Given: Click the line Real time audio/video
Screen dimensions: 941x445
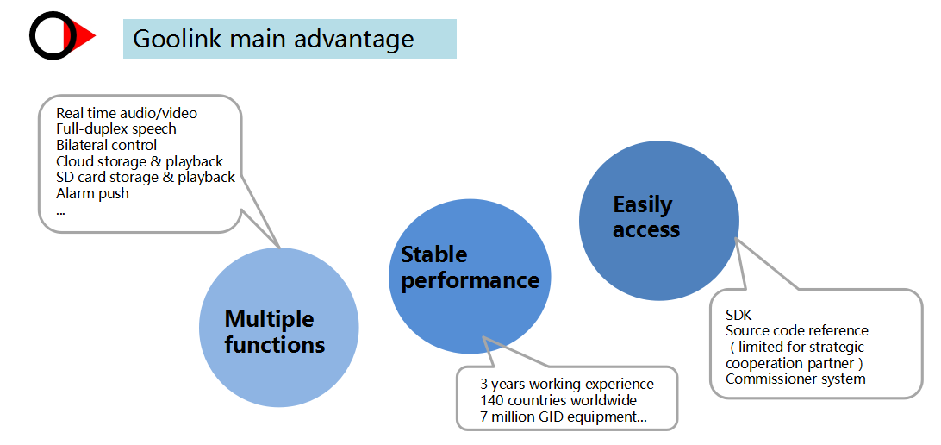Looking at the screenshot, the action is [x=127, y=113].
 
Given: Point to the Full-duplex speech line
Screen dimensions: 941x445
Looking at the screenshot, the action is [x=115, y=129].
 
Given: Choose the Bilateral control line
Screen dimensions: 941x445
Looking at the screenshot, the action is [x=106, y=145].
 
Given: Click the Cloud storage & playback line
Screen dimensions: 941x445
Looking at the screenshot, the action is [x=140, y=161].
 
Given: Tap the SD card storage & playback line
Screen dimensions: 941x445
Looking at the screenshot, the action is [x=146, y=178].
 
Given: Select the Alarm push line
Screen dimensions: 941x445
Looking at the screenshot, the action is [x=92, y=194].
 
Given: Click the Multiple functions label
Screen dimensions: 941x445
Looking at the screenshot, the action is [x=274, y=331].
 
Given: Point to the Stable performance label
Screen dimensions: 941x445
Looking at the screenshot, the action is [x=470, y=267].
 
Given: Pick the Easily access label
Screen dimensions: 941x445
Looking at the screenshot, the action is [x=646, y=216].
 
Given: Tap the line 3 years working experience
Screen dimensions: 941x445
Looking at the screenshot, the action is [x=566, y=384].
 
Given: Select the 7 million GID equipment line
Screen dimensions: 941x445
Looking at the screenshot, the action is [x=564, y=417].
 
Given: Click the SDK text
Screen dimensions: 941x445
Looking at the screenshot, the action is [x=738, y=314].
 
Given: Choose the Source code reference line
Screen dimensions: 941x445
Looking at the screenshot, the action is [x=797, y=330].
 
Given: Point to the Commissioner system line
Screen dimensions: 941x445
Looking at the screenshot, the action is [x=795, y=379].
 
